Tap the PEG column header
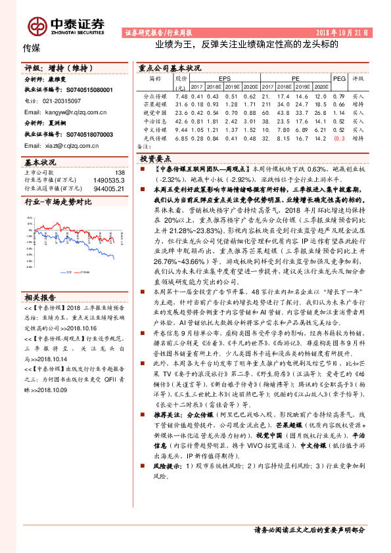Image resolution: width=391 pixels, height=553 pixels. pyautogui.click(x=339, y=78)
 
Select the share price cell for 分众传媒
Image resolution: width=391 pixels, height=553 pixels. pyautogui.click(x=181, y=96)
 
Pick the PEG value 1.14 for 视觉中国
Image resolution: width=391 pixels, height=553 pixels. pyautogui.click(x=339, y=112)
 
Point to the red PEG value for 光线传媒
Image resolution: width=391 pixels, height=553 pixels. pyautogui.click(x=339, y=138)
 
